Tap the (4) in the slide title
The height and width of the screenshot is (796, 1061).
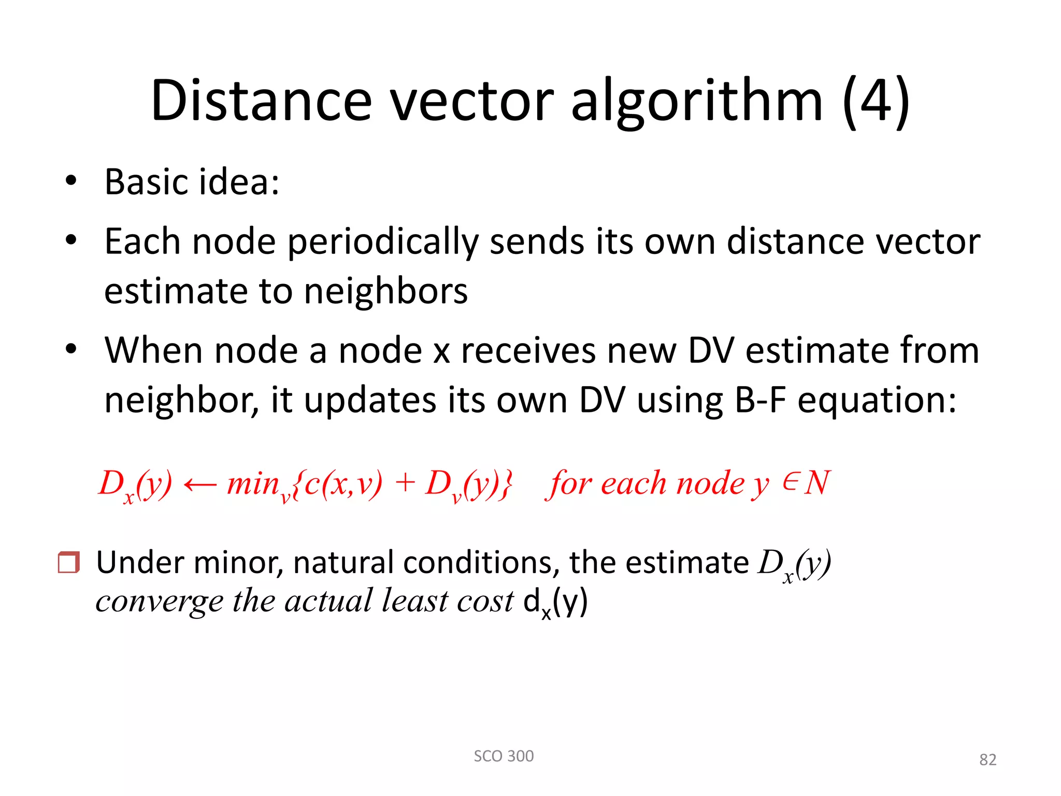(x=876, y=101)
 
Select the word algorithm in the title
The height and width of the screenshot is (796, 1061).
(x=696, y=101)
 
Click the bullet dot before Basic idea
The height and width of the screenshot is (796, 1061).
(x=71, y=181)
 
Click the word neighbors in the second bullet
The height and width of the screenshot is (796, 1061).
(x=385, y=291)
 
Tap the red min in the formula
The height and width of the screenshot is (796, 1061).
(x=253, y=484)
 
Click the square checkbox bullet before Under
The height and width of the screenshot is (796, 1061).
(x=68, y=562)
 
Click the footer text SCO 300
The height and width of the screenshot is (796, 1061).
(x=504, y=756)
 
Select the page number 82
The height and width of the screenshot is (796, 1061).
(x=987, y=760)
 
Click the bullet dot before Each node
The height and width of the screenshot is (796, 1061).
(x=71, y=240)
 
